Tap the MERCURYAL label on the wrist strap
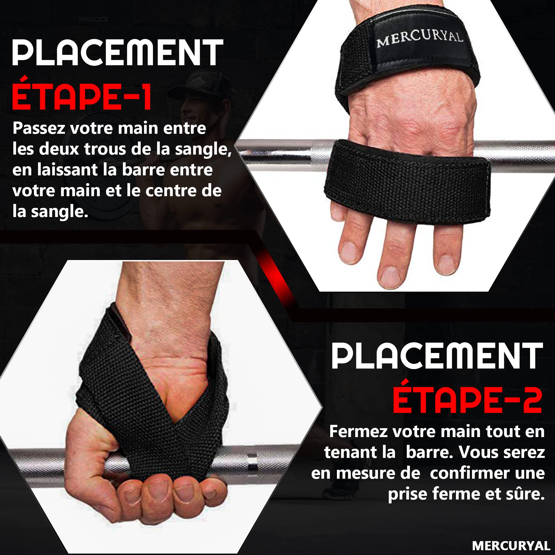click(x=419, y=39)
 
